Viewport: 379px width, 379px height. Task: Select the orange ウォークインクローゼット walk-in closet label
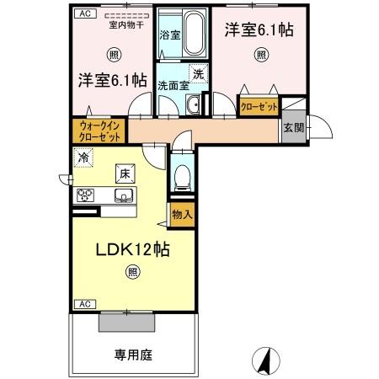[99, 131]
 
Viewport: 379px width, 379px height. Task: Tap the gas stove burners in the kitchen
[85, 195]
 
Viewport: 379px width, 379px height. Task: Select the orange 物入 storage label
[182, 214]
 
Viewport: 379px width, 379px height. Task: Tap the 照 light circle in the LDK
[132, 270]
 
